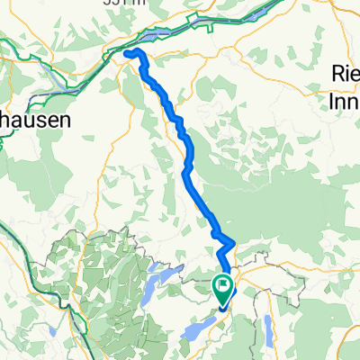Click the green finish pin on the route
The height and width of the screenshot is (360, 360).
(x=222, y=288)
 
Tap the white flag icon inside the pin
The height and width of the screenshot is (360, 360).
(x=222, y=285)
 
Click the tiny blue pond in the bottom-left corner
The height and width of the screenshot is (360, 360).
(x=54, y=330)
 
